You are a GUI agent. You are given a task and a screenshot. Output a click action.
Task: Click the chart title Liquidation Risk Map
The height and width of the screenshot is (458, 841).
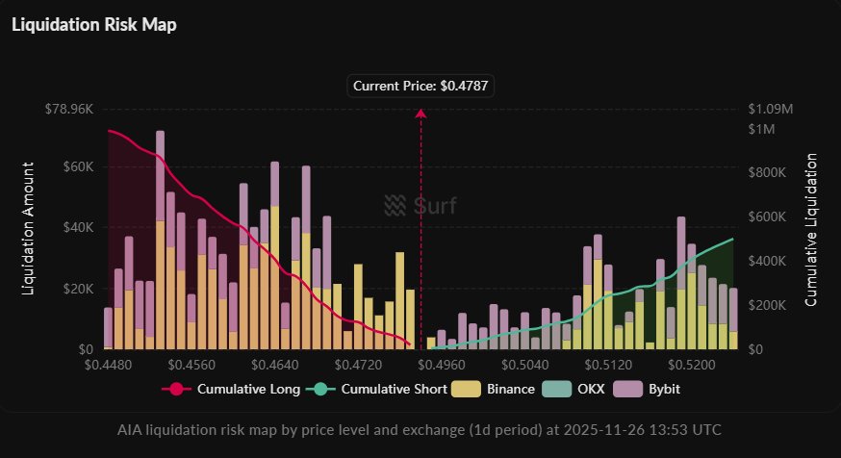point(94,25)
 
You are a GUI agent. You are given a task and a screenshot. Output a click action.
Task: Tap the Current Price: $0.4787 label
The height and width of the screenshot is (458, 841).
point(420,87)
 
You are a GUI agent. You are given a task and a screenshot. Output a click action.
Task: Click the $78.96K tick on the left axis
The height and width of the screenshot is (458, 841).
point(68,109)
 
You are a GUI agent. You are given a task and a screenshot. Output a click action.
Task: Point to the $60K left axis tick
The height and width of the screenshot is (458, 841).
point(77,166)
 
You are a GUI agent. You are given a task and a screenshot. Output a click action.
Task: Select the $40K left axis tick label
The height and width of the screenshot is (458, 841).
point(77,228)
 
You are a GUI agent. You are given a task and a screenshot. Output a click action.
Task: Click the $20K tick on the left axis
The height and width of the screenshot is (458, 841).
point(77,289)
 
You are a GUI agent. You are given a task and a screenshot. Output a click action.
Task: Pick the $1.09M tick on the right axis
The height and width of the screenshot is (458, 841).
point(768,109)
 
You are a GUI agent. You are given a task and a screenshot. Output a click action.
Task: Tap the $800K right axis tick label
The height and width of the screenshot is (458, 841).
point(768,172)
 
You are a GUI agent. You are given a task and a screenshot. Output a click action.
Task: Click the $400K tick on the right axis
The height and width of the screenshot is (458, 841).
point(768,261)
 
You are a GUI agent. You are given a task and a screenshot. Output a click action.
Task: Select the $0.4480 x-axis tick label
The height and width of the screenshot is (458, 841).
point(105,366)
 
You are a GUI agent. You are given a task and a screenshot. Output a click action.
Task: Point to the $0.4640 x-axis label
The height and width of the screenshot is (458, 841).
point(274,366)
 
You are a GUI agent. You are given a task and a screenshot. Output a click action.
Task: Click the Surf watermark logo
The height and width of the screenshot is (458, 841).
point(420,205)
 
